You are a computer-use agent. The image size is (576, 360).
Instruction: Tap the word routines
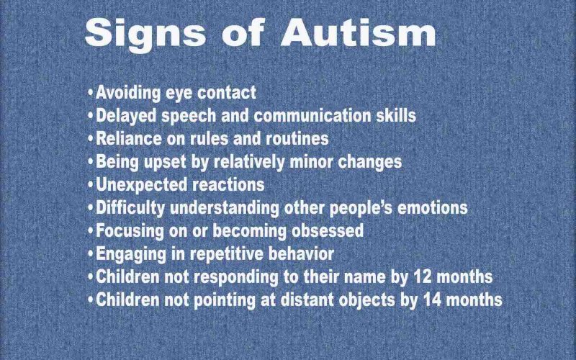[x=297, y=138]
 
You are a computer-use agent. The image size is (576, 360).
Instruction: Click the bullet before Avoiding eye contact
[x=90, y=93]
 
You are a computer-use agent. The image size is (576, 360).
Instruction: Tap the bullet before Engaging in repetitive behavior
[x=90, y=255]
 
